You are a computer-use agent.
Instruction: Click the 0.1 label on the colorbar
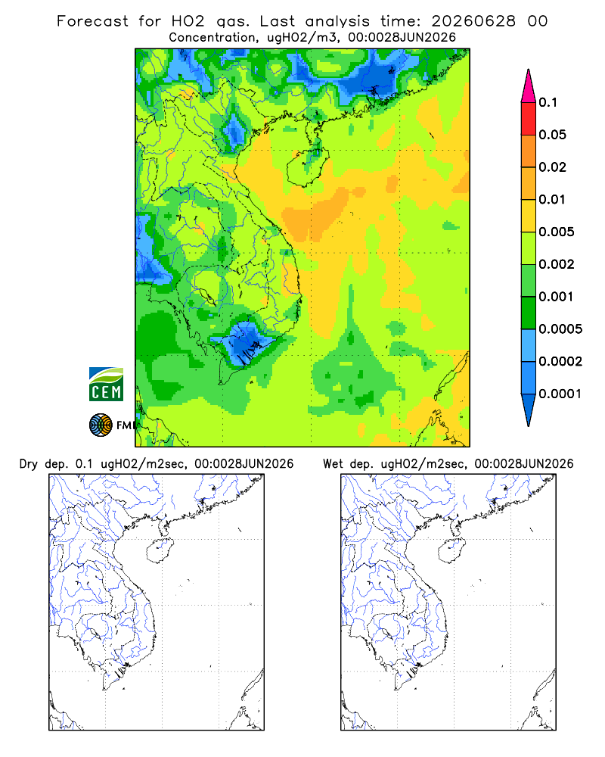(x=548, y=102)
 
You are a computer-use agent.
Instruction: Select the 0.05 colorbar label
(x=552, y=135)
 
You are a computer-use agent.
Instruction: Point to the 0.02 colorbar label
(x=552, y=167)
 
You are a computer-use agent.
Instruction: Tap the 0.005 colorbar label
(x=557, y=232)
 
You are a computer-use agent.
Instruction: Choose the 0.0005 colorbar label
(x=560, y=329)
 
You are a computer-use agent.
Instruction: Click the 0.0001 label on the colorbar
(x=560, y=394)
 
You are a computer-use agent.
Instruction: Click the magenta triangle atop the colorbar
(x=529, y=86)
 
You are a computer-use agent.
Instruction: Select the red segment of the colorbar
(x=529, y=118)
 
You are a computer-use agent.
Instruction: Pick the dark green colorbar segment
(x=529, y=313)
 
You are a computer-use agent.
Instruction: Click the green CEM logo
(x=106, y=385)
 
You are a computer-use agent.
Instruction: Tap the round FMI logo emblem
(x=101, y=425)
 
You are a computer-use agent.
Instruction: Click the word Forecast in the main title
(x=92, y=21)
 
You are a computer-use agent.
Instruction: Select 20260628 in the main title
(x=473, y=21)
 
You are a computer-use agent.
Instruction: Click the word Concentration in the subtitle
(x=212, y=38)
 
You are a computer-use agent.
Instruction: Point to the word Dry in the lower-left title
(x=28, y=464)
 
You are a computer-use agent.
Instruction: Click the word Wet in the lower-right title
(x=333, y=464)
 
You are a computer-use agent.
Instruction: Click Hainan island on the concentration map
(x=308, y=167)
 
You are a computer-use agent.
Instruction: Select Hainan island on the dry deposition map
(x=160, y=550)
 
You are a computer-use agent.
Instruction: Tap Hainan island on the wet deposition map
(x=452, y=550)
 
